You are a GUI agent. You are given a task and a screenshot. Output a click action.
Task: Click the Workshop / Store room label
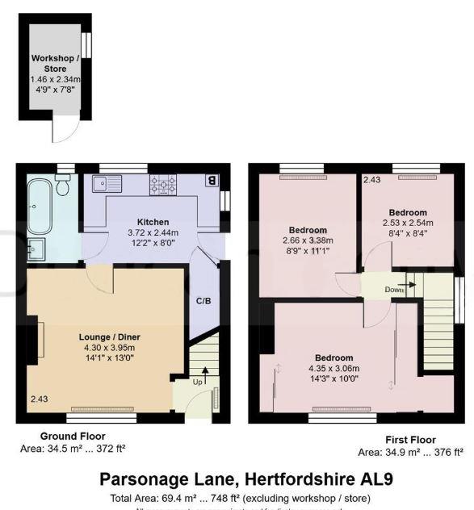pos(55,64)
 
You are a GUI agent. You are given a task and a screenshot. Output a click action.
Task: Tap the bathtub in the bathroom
pos(40,205)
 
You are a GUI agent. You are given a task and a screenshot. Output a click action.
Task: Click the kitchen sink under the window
pos(107,185)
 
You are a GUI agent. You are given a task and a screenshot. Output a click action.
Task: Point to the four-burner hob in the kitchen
pos(162,186)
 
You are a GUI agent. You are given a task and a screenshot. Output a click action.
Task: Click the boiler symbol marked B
pos(212,181)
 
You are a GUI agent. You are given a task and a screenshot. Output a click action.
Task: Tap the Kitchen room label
pos(153,222)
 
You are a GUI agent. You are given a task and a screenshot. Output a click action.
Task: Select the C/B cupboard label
pos(203,301)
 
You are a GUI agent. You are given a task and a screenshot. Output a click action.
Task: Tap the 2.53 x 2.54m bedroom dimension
pos(408,223)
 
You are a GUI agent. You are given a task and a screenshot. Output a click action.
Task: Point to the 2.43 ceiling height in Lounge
pos(40,399)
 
